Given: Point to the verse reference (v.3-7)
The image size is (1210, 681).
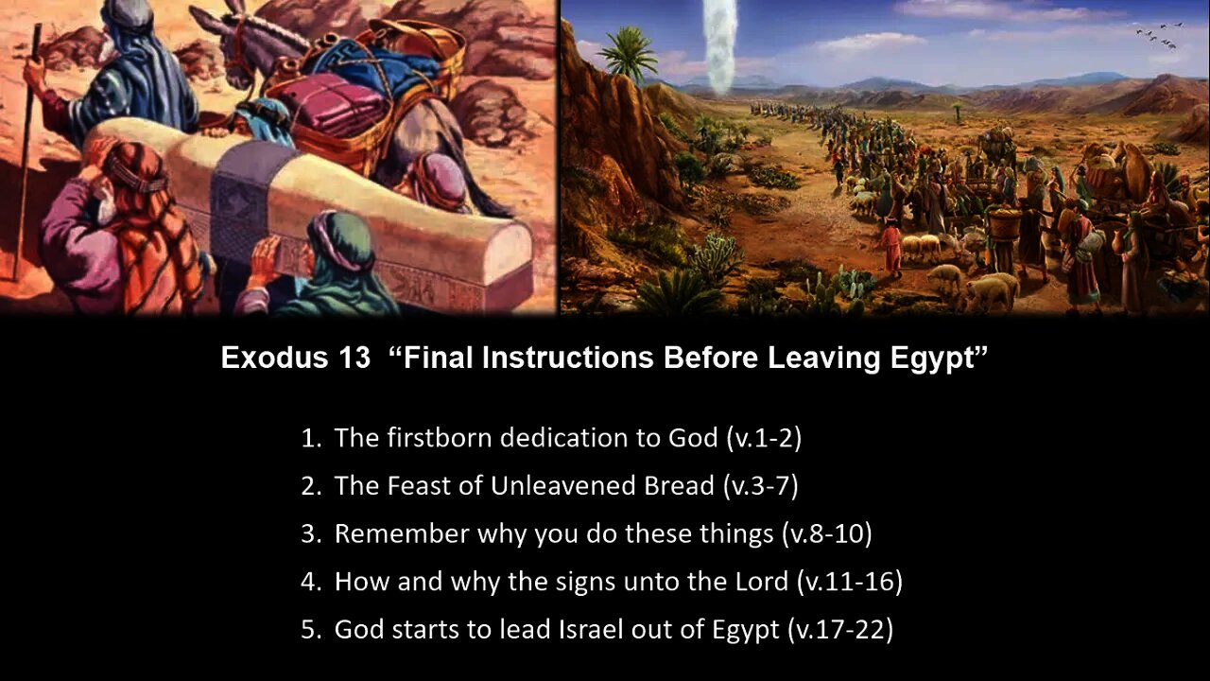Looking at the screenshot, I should tap(760, 486).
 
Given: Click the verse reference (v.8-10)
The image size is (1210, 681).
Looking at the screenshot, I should tap(826, 533).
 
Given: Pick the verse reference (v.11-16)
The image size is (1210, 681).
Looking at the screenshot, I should tap(849, 582).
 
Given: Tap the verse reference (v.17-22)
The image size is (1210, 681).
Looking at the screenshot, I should tap(839, 630).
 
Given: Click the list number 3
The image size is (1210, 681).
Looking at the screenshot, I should tap(309, 533).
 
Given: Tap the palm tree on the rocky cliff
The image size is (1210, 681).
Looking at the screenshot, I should tap(628, 52).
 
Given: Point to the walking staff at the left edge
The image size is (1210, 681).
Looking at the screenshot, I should tap(26, 151).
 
